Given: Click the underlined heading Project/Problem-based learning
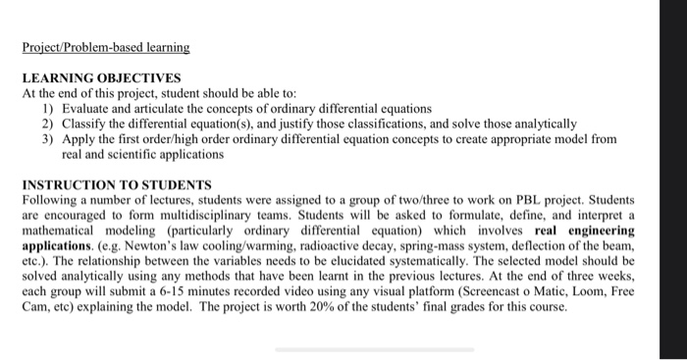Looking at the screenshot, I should (105, 46).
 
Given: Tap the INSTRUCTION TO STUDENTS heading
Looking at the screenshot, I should (116, 184).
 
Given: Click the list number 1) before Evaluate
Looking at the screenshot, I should (47, 108).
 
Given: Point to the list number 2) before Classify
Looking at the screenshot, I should (47, 124).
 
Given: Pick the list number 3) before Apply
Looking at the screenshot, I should (47, 139).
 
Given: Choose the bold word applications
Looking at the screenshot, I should (60, 247).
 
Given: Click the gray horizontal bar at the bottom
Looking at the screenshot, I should (374, 348).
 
